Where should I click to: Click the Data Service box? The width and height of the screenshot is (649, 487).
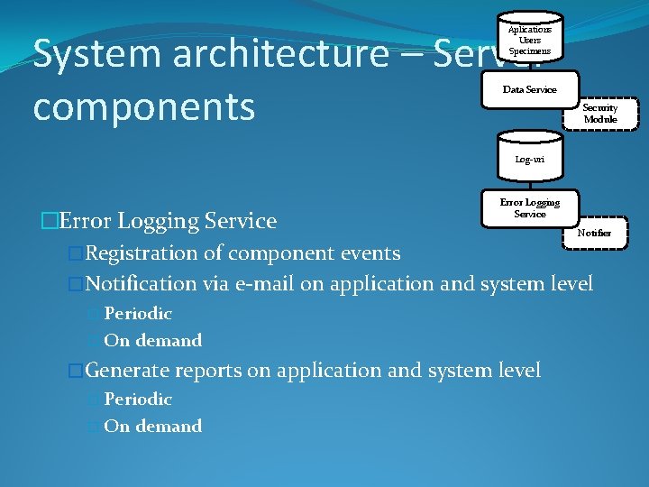click(529, 90)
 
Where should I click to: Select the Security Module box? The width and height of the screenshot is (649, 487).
click(599, 113)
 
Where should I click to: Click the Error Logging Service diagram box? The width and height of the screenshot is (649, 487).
click(529, 208)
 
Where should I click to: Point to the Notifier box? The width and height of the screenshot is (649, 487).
click(594, 233)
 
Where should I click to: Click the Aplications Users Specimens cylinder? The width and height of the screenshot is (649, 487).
click(529, 40)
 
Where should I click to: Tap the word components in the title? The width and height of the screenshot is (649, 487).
click(143, 106)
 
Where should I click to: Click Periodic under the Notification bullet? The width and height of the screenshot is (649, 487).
click(138, 314)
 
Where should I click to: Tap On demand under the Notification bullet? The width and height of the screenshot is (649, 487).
click(153, 340)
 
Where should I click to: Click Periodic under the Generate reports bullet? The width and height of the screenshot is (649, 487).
click(138, 399)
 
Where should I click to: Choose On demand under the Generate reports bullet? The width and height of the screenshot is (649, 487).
click(153, 426)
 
